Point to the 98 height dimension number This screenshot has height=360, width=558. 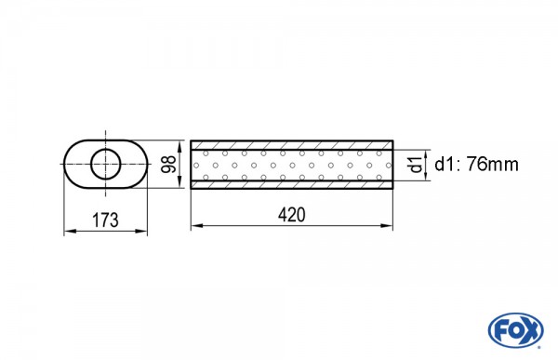tap(168, 164)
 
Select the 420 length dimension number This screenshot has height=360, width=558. tap(292, 214)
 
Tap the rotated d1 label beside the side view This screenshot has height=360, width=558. tap(414, 166)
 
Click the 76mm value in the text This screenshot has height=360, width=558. tap(493, 165)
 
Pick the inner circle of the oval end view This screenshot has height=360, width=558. tap(105, 164)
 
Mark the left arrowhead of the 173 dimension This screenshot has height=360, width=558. tap(67, 229)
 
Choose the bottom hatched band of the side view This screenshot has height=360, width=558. tap(292, 184)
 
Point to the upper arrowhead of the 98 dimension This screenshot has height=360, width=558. tap(180, 143)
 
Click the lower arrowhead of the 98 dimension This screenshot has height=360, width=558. tap(180, 184)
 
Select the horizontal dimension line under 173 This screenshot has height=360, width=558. tap(105, 229)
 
